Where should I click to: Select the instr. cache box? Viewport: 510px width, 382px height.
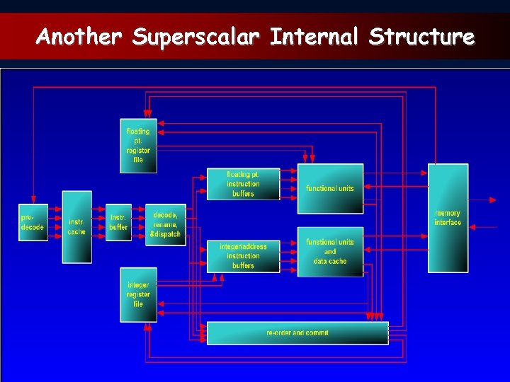76,226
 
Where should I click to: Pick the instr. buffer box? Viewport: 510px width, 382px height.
118,222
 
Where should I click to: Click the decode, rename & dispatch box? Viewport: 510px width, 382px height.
165,224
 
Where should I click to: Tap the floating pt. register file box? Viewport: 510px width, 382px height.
138,146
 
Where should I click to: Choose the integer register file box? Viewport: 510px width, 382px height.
138,294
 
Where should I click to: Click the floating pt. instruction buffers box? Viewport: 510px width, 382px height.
243,184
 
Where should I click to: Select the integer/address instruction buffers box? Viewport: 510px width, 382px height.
243,255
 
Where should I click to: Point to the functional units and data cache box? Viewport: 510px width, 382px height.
330,251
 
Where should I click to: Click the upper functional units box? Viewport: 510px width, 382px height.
330,188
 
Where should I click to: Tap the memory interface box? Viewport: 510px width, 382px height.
448,218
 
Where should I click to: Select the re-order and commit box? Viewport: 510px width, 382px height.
297,332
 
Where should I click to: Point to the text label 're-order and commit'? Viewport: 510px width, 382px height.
297,332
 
